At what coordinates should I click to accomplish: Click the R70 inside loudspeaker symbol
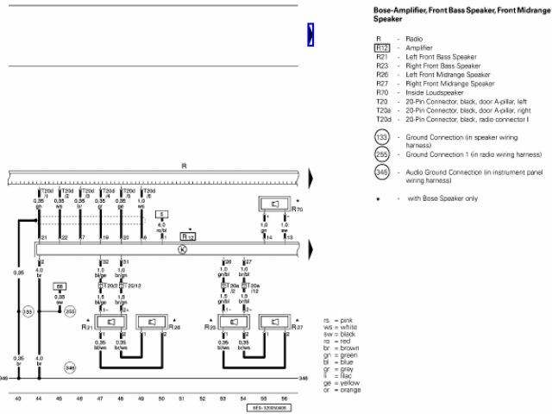(x=273, y=204)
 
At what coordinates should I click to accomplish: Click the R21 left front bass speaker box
(x=110, y=323)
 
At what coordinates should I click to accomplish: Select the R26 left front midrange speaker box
(x=152, y=323)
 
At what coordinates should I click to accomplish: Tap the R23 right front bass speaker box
(x=233, y=323)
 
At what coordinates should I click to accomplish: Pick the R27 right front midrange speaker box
(x=274, y=323)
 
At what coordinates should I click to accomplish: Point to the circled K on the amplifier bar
(x=182, y=249)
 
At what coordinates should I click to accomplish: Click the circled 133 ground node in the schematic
(x=28, y=310)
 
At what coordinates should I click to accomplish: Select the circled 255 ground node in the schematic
(x=70, y=310)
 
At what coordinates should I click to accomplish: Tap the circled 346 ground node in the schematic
(x=70, y=367)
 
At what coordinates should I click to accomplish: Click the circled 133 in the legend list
(x=382, y=138)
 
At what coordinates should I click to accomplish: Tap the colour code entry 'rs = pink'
(x=334, y=320)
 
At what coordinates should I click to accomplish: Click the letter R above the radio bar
(x=183, y=165)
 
